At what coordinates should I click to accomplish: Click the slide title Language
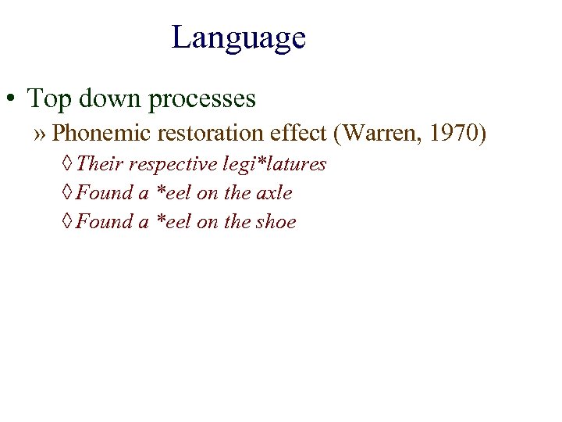tap(238, 38)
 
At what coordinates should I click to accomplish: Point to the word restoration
tap(205, 134)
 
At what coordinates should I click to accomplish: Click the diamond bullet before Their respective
tap(68, 165)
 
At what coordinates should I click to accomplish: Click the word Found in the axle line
tap(105, 193)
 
